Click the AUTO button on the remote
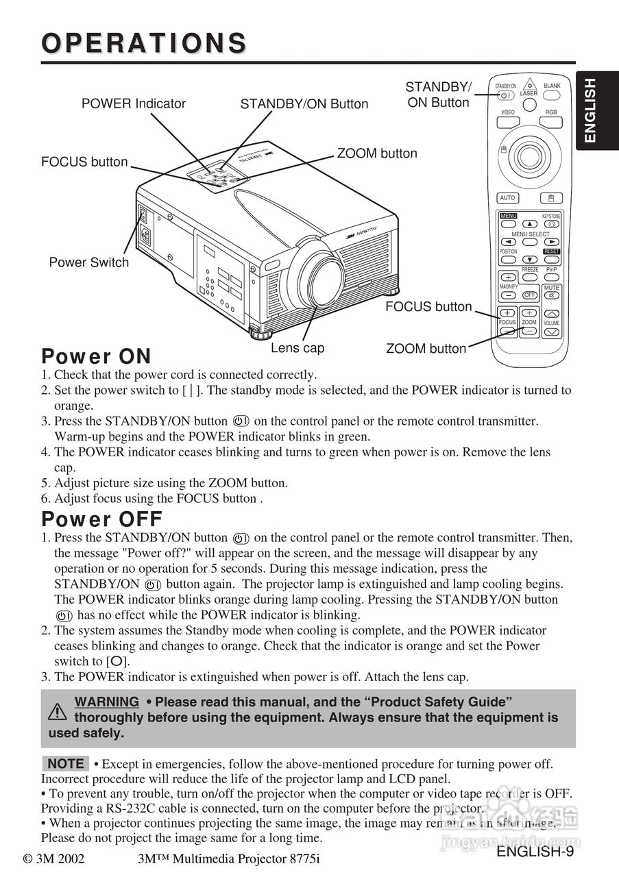(507, 198)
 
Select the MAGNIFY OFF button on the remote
(529, 295)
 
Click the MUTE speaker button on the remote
(552, 295)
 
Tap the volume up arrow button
(552, 313)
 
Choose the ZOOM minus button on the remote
(529, 331)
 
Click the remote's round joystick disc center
(529, 156)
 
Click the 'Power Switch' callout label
(88, 262)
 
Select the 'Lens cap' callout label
(298, 348)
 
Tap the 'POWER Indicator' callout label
(134, 103)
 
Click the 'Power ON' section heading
(96, 357)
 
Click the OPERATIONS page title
(144, 42)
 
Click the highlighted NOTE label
(66, 763)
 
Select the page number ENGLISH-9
(535, 852)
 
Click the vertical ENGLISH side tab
(590, 110)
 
